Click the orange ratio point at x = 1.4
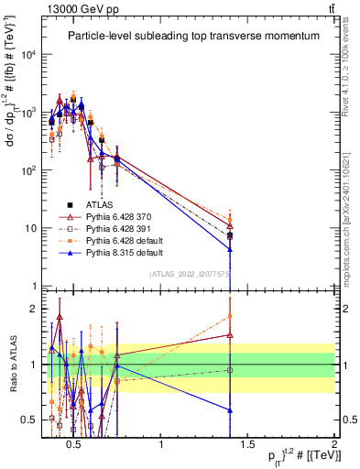tap(230, 316)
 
